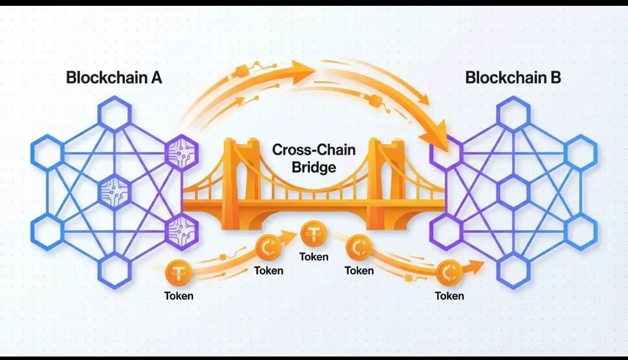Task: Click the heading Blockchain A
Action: tap(114, 77)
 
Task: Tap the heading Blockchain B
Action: tap(513, 77)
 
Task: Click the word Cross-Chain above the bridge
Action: tap(313, 150)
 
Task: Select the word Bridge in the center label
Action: tap(313, 167)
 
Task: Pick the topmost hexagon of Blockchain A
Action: tap(115, 114)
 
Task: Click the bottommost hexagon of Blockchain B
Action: tap(513, 270)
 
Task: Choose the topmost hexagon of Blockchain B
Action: tap(513, 114)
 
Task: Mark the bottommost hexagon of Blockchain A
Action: tap(115, 270)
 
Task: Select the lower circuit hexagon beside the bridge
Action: tap(182, 231)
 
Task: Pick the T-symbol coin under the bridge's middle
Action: tap(313, 234)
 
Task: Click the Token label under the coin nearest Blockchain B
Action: tap(449, 296)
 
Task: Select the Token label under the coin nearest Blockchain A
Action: tap(179, 296)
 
